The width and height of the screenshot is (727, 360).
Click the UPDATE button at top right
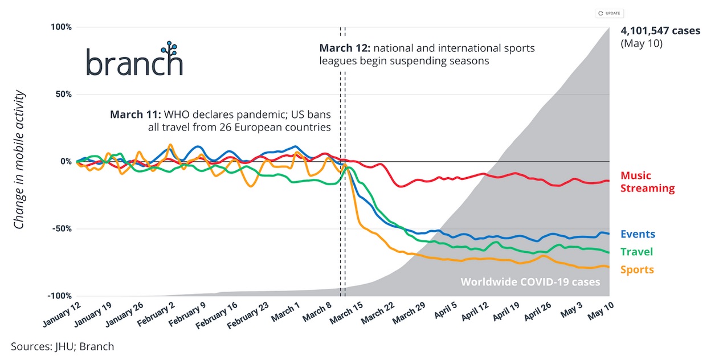(609, 13)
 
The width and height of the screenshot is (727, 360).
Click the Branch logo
(134, 60)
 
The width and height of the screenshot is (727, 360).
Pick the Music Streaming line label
(647, 182)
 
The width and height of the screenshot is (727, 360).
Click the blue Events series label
(638, 234)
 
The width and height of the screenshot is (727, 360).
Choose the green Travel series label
(636, 252)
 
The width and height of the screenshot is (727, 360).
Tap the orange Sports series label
(637, 270)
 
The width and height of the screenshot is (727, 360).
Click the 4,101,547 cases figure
(660, 31)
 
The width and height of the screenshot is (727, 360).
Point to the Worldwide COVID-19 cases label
(530, 282)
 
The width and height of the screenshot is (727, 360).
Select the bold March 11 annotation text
(136, 114)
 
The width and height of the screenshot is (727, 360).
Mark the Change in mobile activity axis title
(19, 159)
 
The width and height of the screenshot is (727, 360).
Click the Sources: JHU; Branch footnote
(62, 346)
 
